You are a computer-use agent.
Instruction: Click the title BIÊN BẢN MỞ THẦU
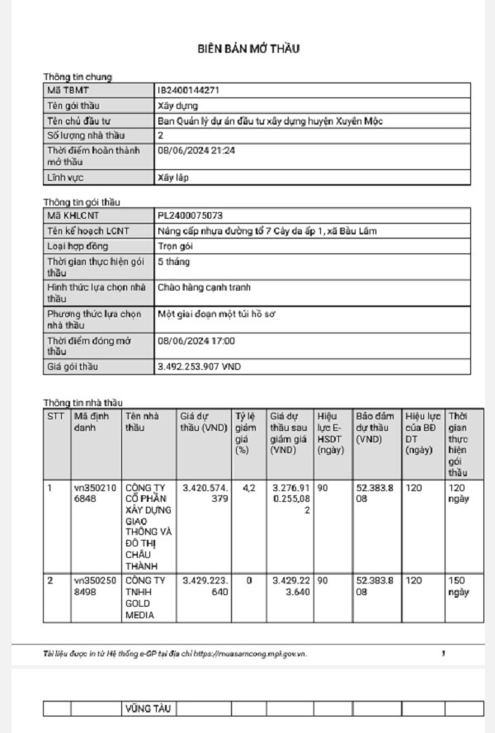[248, 49]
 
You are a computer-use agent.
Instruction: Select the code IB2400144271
[188, 90]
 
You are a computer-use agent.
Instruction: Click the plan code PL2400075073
[190, 215]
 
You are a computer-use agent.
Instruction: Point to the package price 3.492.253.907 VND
[198, 366]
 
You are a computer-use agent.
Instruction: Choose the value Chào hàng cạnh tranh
[204, 287]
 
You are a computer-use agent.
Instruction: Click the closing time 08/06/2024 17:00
[196, 340]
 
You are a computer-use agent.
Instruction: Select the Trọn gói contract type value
[176, 246]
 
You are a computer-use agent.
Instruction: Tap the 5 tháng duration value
[173, 262]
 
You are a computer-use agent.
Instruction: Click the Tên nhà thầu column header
[139, 422]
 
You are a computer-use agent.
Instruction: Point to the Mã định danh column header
[91, 422]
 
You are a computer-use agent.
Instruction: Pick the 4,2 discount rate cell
[248, 489]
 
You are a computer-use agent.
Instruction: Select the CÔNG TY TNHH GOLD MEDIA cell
[146, 598]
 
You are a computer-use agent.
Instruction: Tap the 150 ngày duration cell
[458, 586]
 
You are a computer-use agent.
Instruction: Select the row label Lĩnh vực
[66, 177]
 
